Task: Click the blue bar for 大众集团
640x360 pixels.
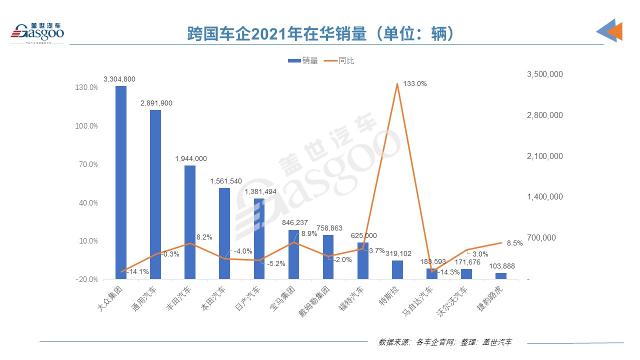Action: tap(121, 182)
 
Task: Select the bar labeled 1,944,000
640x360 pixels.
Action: tap(190, 222)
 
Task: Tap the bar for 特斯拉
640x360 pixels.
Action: tap(397, 269)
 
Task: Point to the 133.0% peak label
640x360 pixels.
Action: tap(415, 84)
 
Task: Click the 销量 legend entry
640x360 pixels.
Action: tap(303, 60)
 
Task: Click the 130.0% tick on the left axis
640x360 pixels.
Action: tap(86, 87)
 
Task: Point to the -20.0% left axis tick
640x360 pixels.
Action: tap(86, 279)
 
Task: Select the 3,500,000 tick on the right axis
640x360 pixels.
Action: tap(545, 74)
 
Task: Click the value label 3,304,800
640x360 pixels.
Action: tap(119, 79)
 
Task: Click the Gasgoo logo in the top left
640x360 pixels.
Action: tap(37, 32)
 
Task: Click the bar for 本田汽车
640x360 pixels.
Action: tap(224, 233)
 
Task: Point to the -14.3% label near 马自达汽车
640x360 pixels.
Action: tap(448, 272)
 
